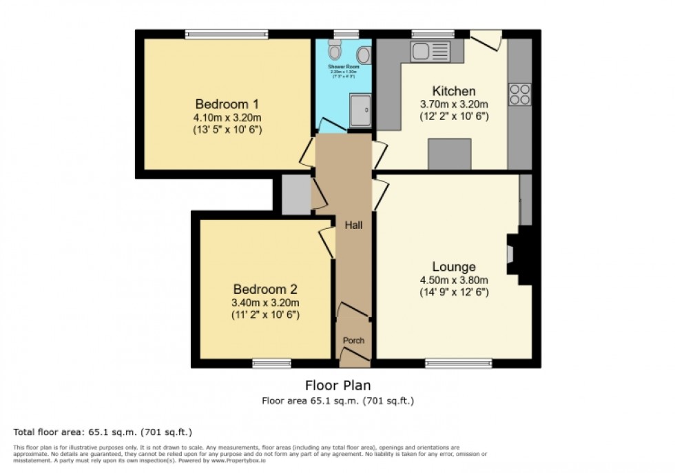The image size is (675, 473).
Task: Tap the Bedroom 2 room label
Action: point(265,289)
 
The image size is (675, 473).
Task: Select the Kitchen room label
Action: point(453,91)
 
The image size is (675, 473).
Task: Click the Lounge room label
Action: point(454,267)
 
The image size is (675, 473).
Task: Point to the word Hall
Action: point(353,225)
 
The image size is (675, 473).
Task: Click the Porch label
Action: point(353,341)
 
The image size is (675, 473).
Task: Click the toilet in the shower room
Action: point(335,50)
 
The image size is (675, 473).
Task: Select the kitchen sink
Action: point(430,51)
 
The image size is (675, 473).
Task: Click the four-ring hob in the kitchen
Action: point(520,94)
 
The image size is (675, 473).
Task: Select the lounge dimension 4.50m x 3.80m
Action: point(454,280)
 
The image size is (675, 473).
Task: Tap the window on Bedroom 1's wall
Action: point(227,33)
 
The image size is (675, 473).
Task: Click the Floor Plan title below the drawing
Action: point(337,385)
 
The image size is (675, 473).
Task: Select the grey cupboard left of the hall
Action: point(296,194)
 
